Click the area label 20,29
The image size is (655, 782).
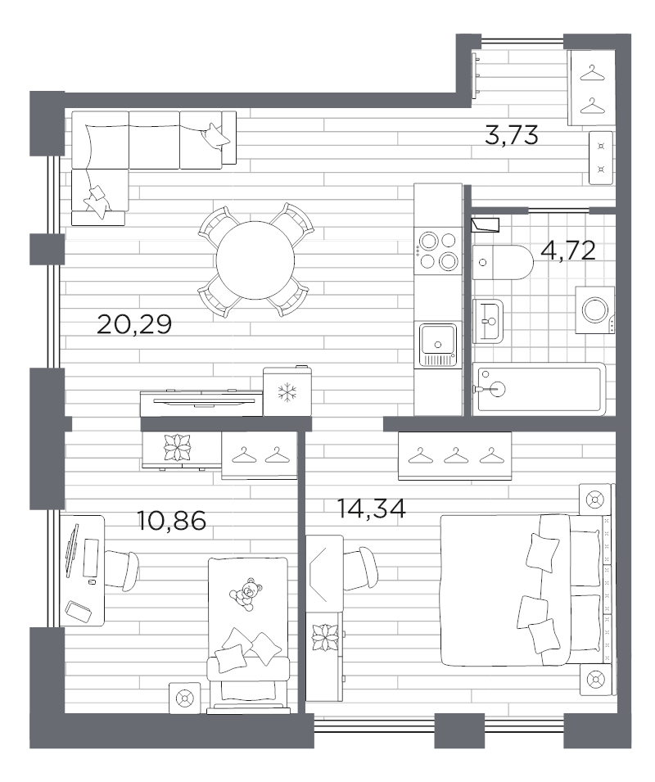point(133,325)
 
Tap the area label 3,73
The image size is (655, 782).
point(511,136)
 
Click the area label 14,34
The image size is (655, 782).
point(371,509)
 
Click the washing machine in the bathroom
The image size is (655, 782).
point(594,310)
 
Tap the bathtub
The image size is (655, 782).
point(539,390)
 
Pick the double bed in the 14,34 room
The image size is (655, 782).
point(524,590)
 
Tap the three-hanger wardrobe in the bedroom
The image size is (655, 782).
point(454,455)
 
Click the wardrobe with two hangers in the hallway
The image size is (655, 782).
point(588,88)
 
